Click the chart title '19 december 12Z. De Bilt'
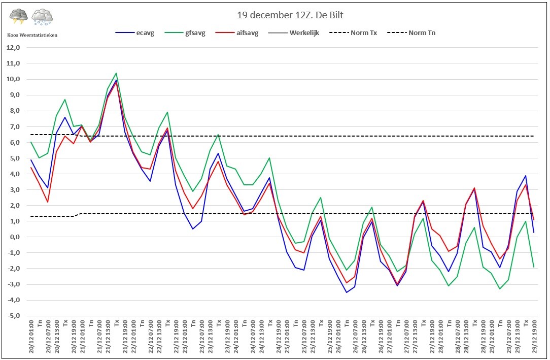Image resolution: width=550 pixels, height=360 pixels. [288, 15]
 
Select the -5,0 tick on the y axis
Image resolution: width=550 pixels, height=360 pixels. [12, 316]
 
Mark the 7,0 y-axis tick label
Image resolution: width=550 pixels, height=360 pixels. [13, 126]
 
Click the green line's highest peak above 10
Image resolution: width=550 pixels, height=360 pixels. [116, 73]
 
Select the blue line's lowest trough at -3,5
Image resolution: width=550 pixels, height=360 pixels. [347, 292]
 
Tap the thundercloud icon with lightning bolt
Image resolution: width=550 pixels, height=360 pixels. [19, 17]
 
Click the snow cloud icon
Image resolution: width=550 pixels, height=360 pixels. [42, 17]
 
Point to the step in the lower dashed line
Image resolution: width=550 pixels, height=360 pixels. [78, 215]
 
